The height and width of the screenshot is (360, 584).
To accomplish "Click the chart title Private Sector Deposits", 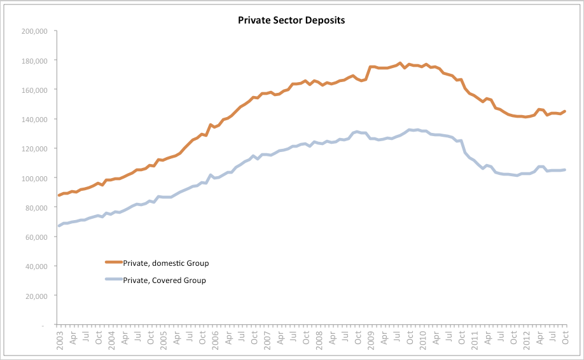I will (x=291, y=20).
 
